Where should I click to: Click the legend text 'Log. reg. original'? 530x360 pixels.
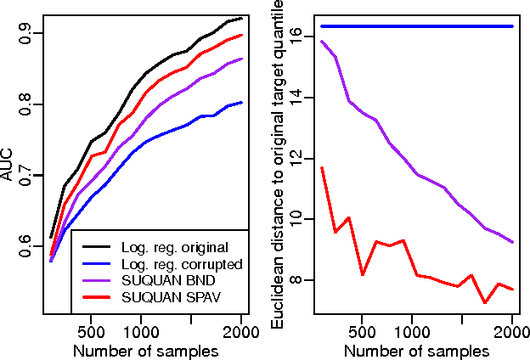pos(176,248)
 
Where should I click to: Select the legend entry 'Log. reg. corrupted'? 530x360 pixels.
pos(183,265)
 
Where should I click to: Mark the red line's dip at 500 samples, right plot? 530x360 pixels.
pos(363,275)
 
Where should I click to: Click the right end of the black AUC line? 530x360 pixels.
pos(242,18)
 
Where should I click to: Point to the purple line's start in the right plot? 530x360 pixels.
pos(322,41)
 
